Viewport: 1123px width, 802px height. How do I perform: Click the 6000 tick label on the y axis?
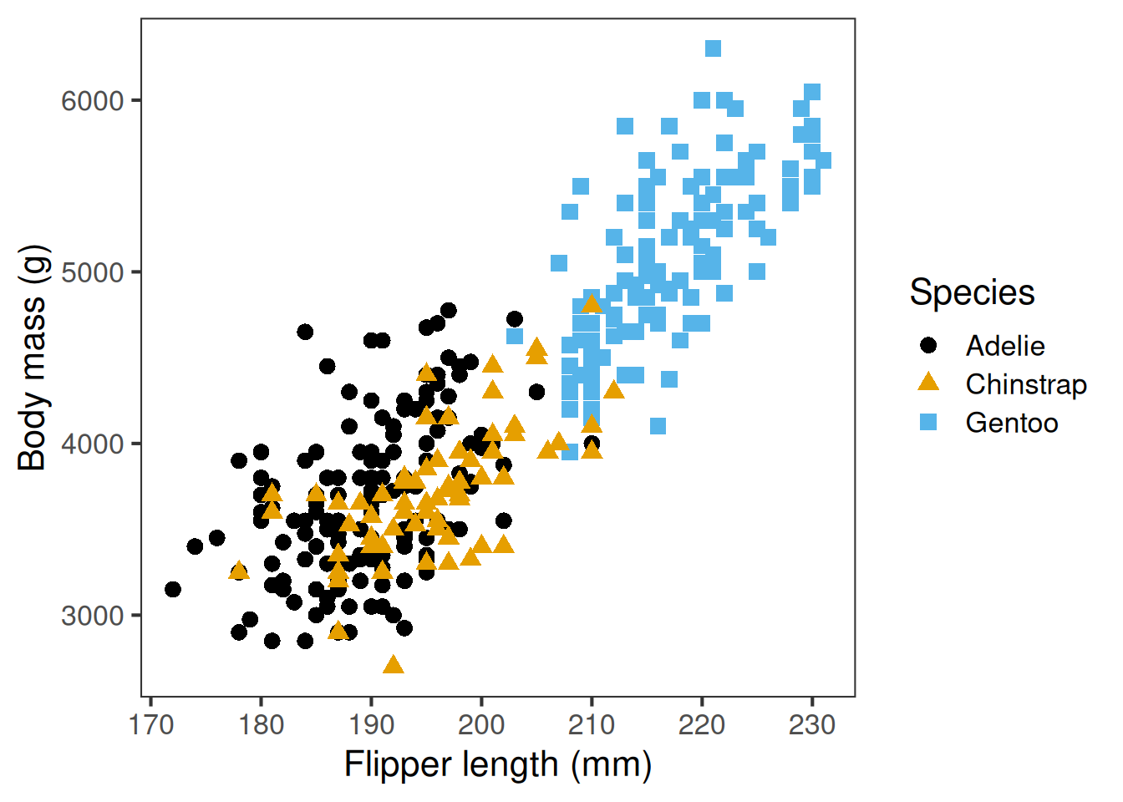click(x=93, y=101)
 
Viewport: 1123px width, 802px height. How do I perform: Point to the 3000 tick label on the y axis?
click(x=93, y=616)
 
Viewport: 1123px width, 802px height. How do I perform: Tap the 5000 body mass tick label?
click(x=93, y=272)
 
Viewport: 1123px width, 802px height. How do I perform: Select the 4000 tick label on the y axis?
click(x=93, y=444)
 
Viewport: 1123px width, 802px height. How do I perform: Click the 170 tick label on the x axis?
click(x=151, y=724)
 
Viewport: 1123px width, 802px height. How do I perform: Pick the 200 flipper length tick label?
click(x=481, y=724)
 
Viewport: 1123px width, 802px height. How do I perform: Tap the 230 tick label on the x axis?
click(x=812, y=724)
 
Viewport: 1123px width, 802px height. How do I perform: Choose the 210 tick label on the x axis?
click(x=592, y=724)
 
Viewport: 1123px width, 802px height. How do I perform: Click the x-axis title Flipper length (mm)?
click(x=498, y=765)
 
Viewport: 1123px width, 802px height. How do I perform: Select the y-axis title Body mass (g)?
click(x=33, y=358)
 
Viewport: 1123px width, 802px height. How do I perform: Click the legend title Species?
click(x=972, y=293)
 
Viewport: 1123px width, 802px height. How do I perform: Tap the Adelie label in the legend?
click(x=1005, y=346)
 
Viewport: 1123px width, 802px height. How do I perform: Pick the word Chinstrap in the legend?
click(x=1026, y=384)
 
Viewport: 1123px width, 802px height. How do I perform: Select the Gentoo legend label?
click(x=1012, y=423)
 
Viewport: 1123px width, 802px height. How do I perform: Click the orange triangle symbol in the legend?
click(x=928, y=383)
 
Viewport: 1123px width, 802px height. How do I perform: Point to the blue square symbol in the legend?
click(x=928, y=422)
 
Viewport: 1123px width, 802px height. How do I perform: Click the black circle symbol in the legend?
click(x=928, y=345)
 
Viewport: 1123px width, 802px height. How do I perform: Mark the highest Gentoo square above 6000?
click(x=713, y=48)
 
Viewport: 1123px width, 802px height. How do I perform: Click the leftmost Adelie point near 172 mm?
click(x=173, y=590)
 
